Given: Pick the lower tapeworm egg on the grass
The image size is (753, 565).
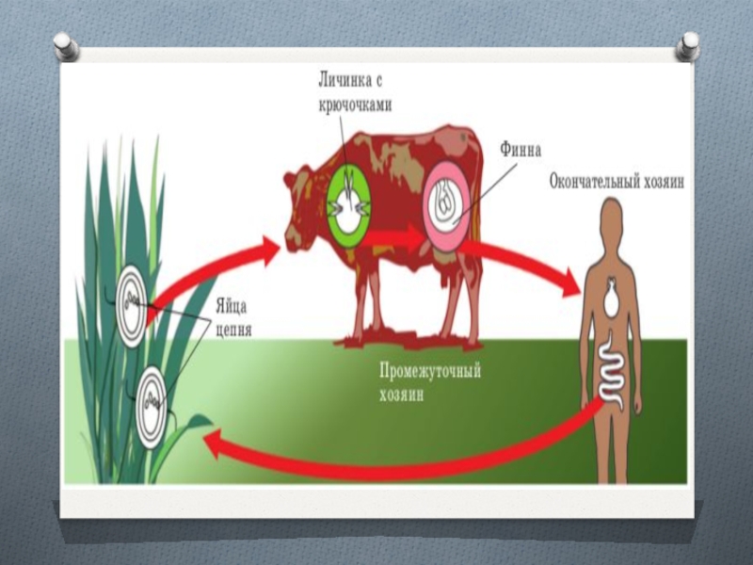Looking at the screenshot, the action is (154, 400).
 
